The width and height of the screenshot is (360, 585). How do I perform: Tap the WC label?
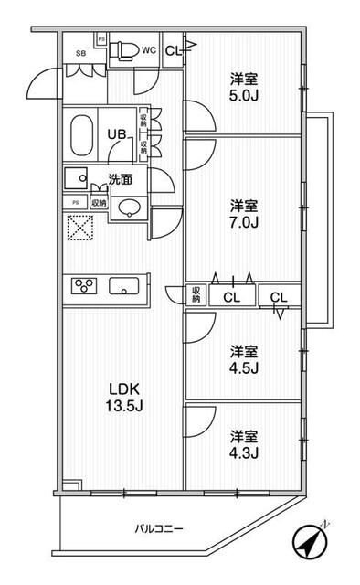point(147,50)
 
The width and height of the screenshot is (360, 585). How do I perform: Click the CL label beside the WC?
point(173,51)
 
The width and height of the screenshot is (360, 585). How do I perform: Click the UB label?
point(118,133)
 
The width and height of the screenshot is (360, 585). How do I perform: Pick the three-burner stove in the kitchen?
point(85,286)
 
